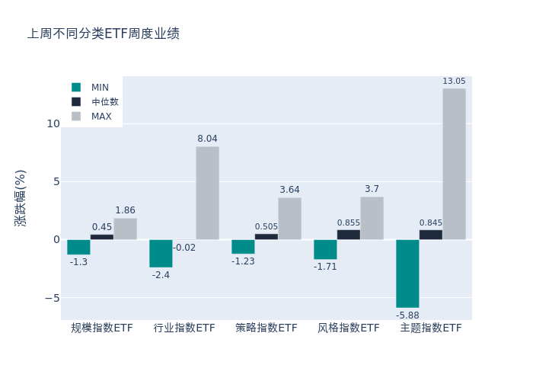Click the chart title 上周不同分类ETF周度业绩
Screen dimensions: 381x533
point(104,34)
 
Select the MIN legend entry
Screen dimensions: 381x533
point(100,88)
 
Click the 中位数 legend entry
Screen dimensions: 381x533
point(104,102)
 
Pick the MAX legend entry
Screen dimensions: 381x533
point(101,117)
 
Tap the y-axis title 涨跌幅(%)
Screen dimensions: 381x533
point(21,197)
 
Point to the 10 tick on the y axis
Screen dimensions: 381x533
point(53,123)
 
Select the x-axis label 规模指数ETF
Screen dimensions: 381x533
point(102,328)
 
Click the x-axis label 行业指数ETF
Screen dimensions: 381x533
point(184,328)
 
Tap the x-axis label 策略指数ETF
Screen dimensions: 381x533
point(266,328)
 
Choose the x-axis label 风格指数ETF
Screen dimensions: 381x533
point(349,328)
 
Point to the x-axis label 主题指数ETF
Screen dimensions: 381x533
point(431,328)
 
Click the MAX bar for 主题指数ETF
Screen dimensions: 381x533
point(454,164)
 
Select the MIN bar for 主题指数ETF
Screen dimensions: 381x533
point(407,274)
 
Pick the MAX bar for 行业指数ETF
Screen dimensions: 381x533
point(207,193)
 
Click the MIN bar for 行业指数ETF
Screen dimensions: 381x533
point(161,254)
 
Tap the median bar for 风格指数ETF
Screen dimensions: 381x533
point(349,235)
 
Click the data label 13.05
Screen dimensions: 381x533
point(454,82)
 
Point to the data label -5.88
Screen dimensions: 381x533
point(407,315)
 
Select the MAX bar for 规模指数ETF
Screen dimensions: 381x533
point(125,229)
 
